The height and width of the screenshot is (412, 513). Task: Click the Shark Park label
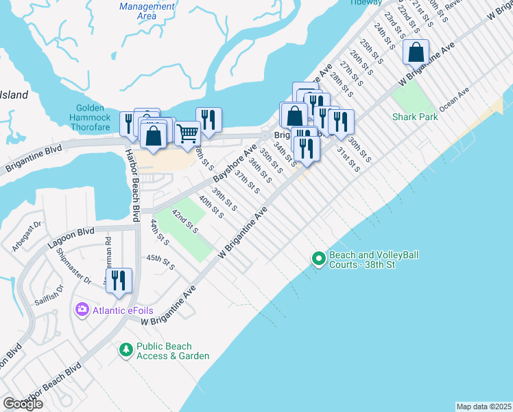pyautogui.click(x=415, y=117)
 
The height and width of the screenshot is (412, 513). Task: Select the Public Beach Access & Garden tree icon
pyautogui.click(x=126, y=351)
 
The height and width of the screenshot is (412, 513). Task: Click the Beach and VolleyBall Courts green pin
pyautogui.click(x=318, y=259)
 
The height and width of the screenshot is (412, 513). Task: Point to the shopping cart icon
pyautogui.click(x=187, y=133)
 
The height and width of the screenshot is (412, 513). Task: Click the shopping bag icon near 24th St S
pyautogui.click(x=416, y=51)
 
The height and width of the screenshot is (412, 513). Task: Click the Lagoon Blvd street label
pyautogui.click(x=71, y=233)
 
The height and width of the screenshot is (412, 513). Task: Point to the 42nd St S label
pyautogui.click(x=184, y=222)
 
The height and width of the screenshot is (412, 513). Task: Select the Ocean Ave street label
pyautogui.click(x=454, y=94)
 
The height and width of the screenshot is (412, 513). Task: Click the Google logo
pyautogui.click(x=23, y=404)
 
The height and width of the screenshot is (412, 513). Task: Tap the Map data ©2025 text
pyautogui.click(x=484, y=407)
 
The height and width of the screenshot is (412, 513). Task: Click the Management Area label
pyautogui.click(x=147, y=10)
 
